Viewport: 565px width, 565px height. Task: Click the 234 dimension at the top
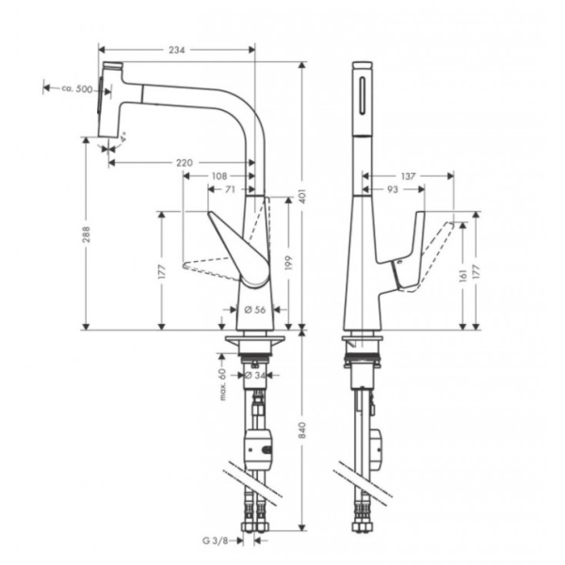coord(175,49)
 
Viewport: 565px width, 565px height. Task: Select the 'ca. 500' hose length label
coord(77,89)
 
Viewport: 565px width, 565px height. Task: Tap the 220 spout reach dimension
coord(186,163)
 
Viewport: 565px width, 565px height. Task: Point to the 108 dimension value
coord(218,176)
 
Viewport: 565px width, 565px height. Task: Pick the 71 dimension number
coord(231,189)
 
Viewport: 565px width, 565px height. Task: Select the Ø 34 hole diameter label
coord(253,375)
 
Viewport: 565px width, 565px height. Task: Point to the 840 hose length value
coord(302,429)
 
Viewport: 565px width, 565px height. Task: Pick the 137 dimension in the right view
coord(408,176)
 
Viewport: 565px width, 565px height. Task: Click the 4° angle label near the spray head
coord(124,138)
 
